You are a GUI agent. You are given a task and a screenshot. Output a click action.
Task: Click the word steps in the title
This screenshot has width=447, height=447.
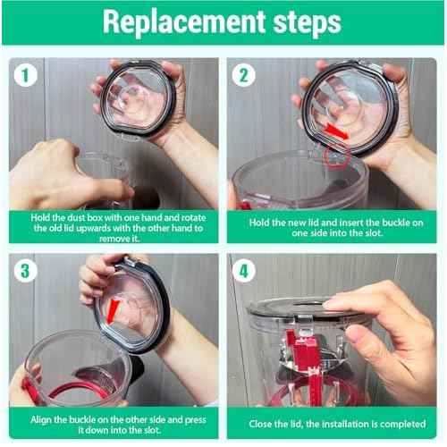307,22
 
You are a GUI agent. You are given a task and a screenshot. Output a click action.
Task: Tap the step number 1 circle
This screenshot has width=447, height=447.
26,75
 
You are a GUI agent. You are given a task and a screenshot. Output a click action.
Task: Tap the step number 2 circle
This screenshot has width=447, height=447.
244,75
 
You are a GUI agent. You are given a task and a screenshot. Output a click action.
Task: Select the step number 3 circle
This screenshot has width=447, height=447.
26,271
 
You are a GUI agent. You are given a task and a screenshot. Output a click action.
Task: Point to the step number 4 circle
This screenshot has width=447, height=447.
244,271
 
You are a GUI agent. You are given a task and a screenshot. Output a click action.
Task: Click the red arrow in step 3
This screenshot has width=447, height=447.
113,312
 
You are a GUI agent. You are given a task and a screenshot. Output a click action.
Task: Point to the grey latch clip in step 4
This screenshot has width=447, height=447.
305,321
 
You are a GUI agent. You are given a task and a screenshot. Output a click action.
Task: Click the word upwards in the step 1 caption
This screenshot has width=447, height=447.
96,228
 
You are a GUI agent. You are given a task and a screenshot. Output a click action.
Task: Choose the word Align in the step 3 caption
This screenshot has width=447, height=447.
40,420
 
